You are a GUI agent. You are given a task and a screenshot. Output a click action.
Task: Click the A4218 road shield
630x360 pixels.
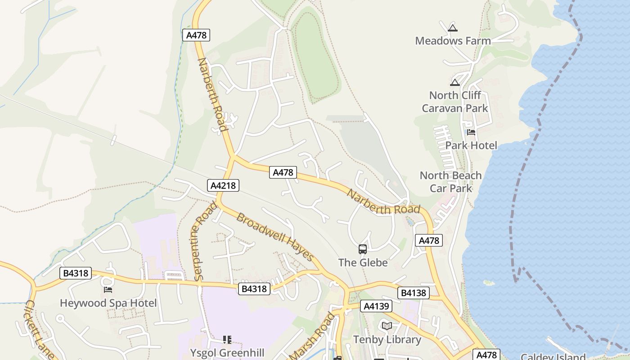click(223, 185)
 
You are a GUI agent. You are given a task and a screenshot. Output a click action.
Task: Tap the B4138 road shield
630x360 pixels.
click(413, 293)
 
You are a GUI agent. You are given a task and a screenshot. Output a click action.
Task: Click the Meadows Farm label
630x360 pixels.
click(453, 41)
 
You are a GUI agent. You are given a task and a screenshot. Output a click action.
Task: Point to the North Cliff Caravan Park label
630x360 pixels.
click(455, 102)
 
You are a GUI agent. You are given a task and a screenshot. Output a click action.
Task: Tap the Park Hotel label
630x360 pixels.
click(471, 145)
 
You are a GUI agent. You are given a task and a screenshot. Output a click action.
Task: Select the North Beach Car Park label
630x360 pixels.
click(450, 182)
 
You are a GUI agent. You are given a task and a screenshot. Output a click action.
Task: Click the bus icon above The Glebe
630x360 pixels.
click(362, 249)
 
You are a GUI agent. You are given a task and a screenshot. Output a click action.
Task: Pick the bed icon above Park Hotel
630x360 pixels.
click(471, 132)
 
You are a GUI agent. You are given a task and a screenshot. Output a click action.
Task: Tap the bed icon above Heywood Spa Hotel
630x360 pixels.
click(108, 289)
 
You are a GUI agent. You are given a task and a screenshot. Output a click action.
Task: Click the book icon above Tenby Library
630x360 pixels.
click(387, 326)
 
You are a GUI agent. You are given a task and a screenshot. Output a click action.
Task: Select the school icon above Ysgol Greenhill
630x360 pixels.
click(227, 339)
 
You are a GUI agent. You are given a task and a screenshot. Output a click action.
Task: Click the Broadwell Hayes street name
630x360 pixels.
click(274, 237)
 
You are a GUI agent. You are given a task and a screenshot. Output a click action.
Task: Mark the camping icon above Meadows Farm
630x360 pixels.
click(453, 28)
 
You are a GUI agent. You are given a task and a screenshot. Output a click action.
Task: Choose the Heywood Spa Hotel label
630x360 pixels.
click(108, 303)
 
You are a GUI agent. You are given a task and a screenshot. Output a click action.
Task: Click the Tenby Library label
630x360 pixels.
click(387, 339)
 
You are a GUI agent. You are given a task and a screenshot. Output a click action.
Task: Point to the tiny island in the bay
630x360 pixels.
click(489, 283)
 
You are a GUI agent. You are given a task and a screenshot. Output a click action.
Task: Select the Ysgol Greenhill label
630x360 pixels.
click(227, 352)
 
